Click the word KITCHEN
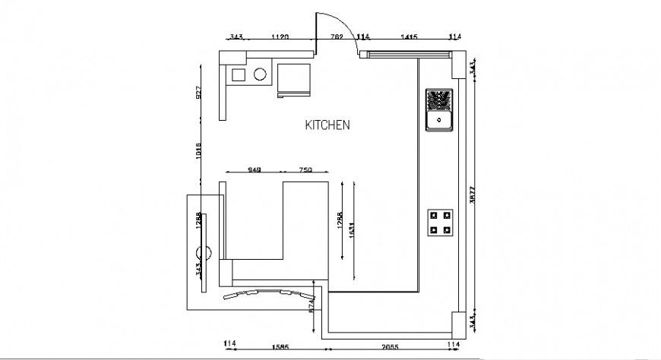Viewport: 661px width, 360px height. pyautogui.click(x=327, y=125)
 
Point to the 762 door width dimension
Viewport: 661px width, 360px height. pyautogui.click(x=337, y=36)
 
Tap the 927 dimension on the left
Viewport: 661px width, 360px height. pyautogui.click(x=199, y=93)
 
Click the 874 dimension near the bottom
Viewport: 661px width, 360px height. pyautogui.click(x=312, y=305)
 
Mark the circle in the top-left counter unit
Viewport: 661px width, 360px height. pyautogui.click(x=260, y=74)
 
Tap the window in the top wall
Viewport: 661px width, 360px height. pyautogui.click(x=409, y=54)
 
